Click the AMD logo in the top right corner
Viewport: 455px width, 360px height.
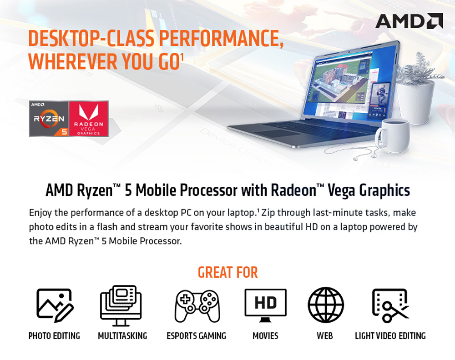pyautogui.click(x=409, y=20)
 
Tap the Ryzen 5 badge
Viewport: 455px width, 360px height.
pyautogui.click(x=49, y=119)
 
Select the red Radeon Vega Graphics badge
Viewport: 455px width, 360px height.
pyautogui.click(x=89, y=119)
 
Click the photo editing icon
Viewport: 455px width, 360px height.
pyautogui.click(x=55, y=305)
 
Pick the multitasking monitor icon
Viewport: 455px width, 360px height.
pyautogui.click(x=121, y=305)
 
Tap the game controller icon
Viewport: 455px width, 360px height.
pyautogui.click(x=197, y=306)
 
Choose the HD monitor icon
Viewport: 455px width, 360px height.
pyautogui.click(x=266, y=305)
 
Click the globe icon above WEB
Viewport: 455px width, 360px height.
pyautogui.click(x=326, y=305)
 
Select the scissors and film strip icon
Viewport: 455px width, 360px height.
pyautogui.click(x=390, y=305)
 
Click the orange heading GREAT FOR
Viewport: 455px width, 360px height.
pyautogui.click(x=228, y=272)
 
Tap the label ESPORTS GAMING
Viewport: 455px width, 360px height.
pyautogui.click(x=197, y=336)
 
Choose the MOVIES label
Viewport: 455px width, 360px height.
pyautogui.click(x=266, y=336)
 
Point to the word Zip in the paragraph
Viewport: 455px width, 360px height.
pyautogui.click(x=268, y=213)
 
